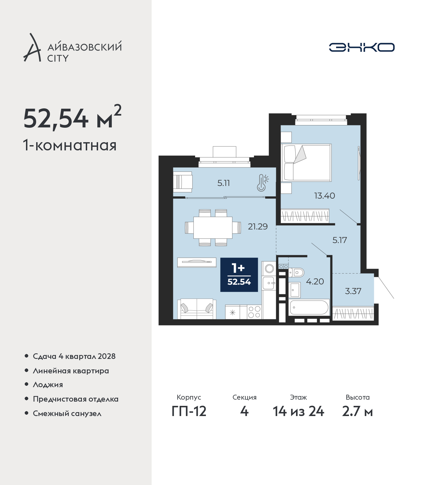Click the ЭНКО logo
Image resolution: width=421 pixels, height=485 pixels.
tap(361, 47)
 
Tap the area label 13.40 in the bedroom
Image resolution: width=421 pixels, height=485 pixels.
tap(324, 196)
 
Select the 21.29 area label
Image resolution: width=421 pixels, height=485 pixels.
tap(258, 227)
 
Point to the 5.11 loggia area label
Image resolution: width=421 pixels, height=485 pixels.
tap(223, 183)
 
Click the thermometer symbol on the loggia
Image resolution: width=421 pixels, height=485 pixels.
tap(263, 183)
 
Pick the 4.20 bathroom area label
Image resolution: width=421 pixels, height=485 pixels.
tap(315, 281)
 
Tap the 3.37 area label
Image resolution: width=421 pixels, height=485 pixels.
tap(353, 291)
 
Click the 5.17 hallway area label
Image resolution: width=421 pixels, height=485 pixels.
tap(339, 240)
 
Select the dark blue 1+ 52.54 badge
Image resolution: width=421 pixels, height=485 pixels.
tap(239, 275)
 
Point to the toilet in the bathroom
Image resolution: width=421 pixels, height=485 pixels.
tap(296, 273)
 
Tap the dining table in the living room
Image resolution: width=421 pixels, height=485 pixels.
tap(213, 228)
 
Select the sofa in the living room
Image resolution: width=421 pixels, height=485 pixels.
tap(196, 309)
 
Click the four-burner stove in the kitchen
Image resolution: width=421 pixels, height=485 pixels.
tap(254, 312)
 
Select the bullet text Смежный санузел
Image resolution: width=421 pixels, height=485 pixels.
tap(67, 413)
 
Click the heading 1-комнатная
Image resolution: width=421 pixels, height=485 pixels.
tap(70, 145)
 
